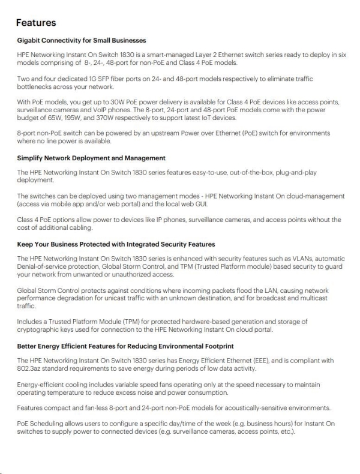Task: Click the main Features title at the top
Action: (36, 23)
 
